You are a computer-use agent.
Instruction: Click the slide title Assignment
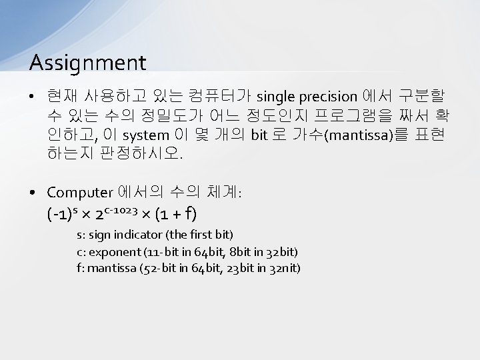(x=87, y=63)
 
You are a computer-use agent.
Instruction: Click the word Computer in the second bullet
(x=80, y=193)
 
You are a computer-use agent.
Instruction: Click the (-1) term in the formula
(x=59, y=215)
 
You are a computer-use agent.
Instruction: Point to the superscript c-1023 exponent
(x=121, y=210)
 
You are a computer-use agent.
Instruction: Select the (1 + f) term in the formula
(x=175, y=215)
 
